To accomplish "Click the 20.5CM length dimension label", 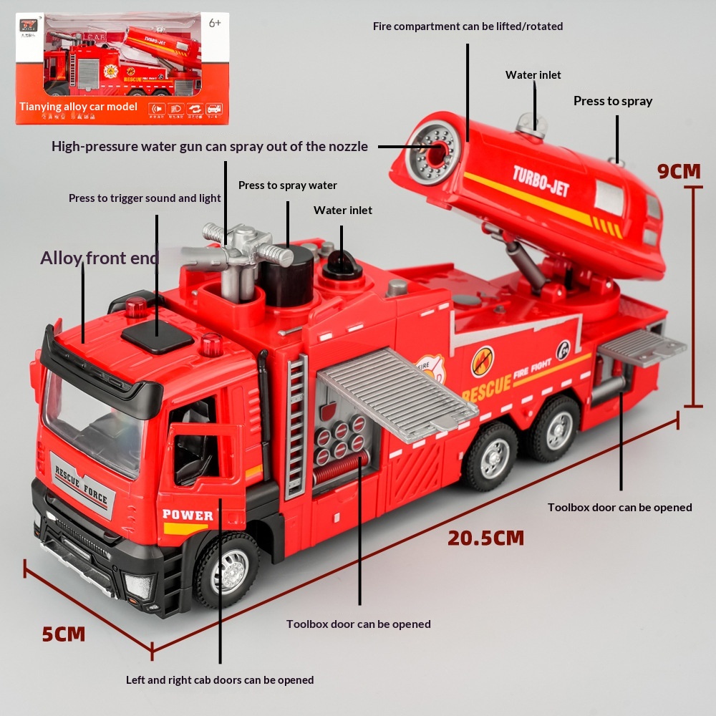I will (x=485, y=538).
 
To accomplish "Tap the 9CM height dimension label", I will (x=679, y=171).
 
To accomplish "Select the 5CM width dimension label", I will (x=63, y=634).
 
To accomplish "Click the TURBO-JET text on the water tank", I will (x=541, y=180).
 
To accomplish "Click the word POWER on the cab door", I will (x=188, y=515).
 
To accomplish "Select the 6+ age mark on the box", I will (x=215, y=22).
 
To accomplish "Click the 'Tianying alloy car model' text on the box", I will (x=78, y=107).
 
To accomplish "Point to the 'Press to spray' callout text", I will (x=612, y=101).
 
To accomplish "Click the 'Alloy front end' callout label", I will (x=99, y=258).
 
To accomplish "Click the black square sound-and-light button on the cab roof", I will (x=157, y=335).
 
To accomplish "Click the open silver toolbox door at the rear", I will (x=642, y=347).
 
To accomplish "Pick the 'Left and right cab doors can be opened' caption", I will (x=220, y=679).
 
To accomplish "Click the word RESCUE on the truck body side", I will (x=486, y=387).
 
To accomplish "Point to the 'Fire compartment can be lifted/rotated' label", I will (x=468, y=26).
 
